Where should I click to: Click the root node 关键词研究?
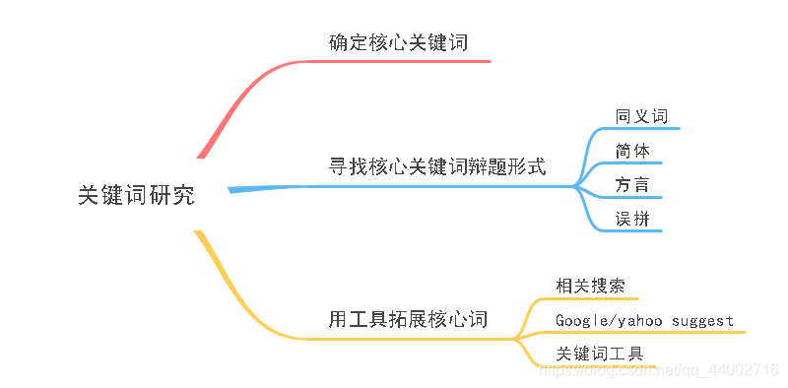(x=136, y=195)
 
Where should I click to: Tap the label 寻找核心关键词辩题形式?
(x=436, y=166)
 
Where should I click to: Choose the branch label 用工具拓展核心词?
(x=408, y=321)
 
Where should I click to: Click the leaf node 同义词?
(x=641, y=116)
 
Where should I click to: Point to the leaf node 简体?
(x=631, y=151)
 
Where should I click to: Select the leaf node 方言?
(x=631, y=184)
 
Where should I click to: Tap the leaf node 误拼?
(x=631, y=219)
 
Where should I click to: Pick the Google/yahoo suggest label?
(x=644, y=320)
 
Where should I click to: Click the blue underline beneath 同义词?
(x=645, y=129)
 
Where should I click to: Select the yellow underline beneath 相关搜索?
(x=591, y=298)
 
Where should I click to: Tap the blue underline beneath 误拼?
(x=635, y=231)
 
